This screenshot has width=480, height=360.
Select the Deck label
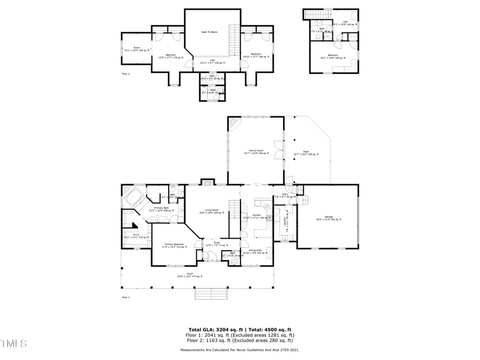coord(305,153)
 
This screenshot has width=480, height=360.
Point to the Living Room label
coord(208,211)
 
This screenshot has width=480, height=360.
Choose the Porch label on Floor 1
coord(190,275)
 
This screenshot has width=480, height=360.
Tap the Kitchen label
coord(257,216)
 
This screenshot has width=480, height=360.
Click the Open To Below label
coord(209,32)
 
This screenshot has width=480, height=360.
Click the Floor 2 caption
coord(126,74)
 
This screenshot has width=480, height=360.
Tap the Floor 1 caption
coord(126,297)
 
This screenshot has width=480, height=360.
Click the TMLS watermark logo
coord(13,344)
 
